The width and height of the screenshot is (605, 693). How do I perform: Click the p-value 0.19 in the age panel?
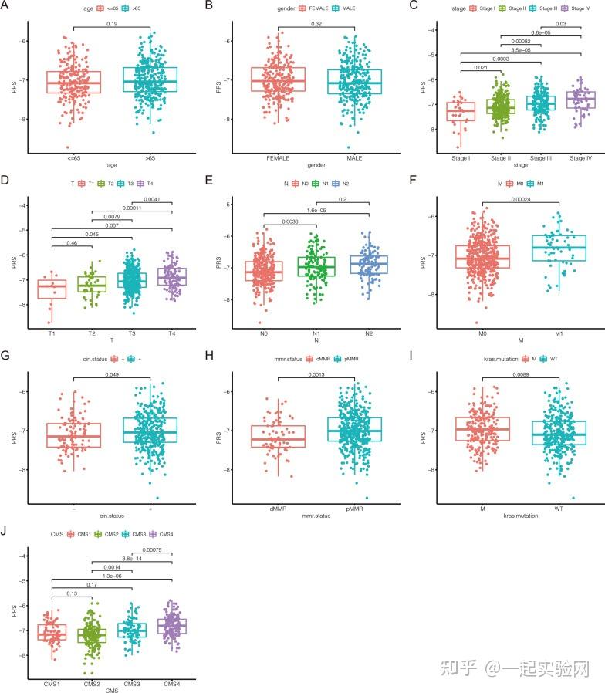(x=111, y=25)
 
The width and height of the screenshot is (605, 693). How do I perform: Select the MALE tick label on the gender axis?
(x=359, y=157)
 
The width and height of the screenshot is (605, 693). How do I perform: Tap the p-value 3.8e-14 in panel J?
(x=132, y=559)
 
